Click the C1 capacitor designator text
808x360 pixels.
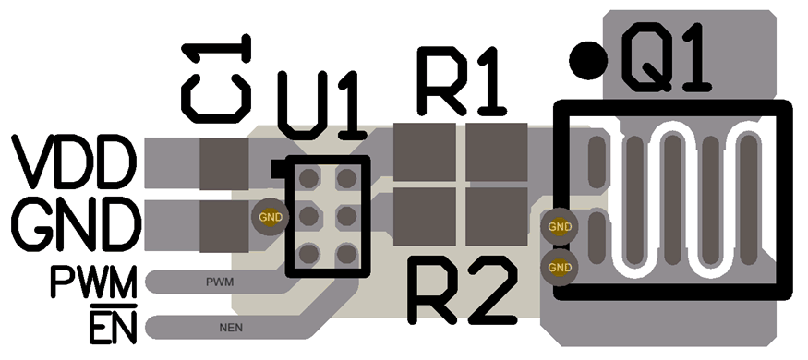tap(217, 78)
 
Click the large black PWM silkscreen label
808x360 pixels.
tap(93, 281)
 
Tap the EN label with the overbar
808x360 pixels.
tap(112, 327)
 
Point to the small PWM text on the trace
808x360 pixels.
tap(219, 279)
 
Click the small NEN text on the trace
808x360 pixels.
tap(230, 327)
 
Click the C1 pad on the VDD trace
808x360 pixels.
tap(224, 161)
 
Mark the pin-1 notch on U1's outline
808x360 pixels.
tap(276, 169)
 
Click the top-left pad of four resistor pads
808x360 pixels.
tap(425, 151)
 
